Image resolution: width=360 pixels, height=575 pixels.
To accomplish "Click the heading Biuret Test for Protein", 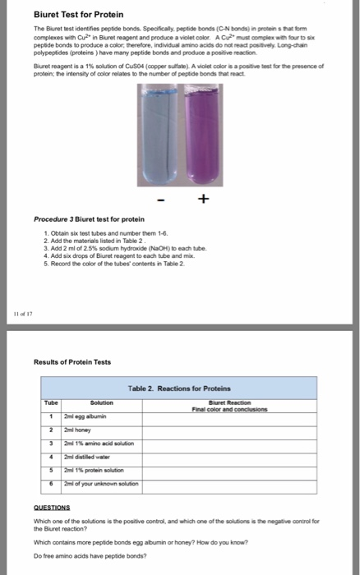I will [67, 14].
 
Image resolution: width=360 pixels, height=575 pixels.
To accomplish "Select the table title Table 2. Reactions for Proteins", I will [180, 388].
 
